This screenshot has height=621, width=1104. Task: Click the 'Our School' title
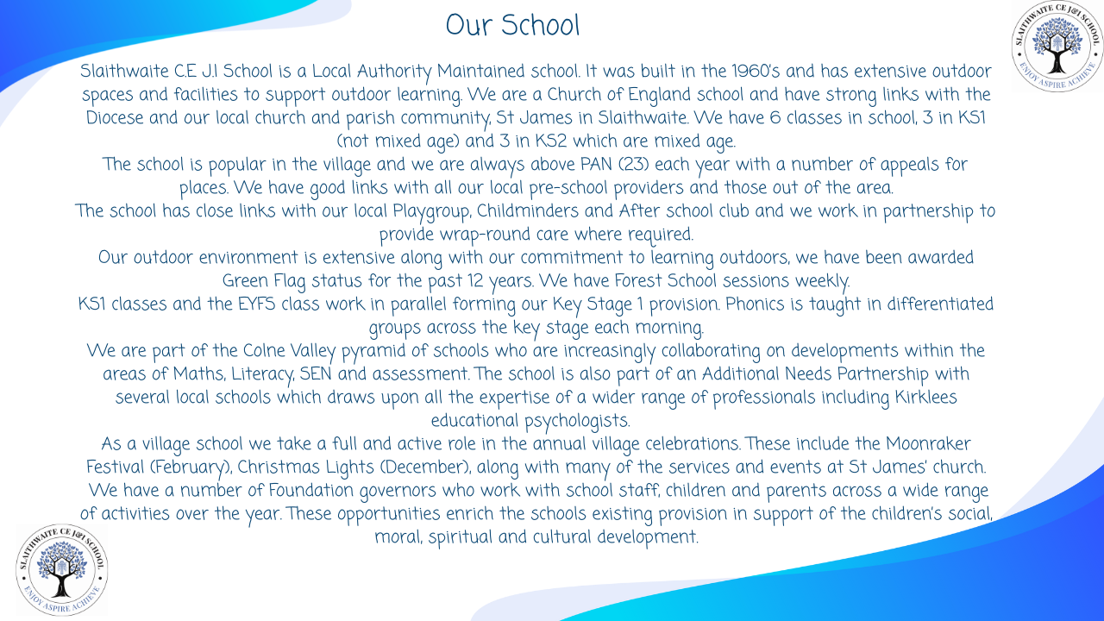click(x=512, y=25)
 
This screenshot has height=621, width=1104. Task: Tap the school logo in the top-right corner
click(x=1057, y=46)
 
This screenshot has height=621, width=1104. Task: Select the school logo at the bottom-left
click(x=61, y=569)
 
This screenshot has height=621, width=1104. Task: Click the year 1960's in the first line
click(x=760, y=72)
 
